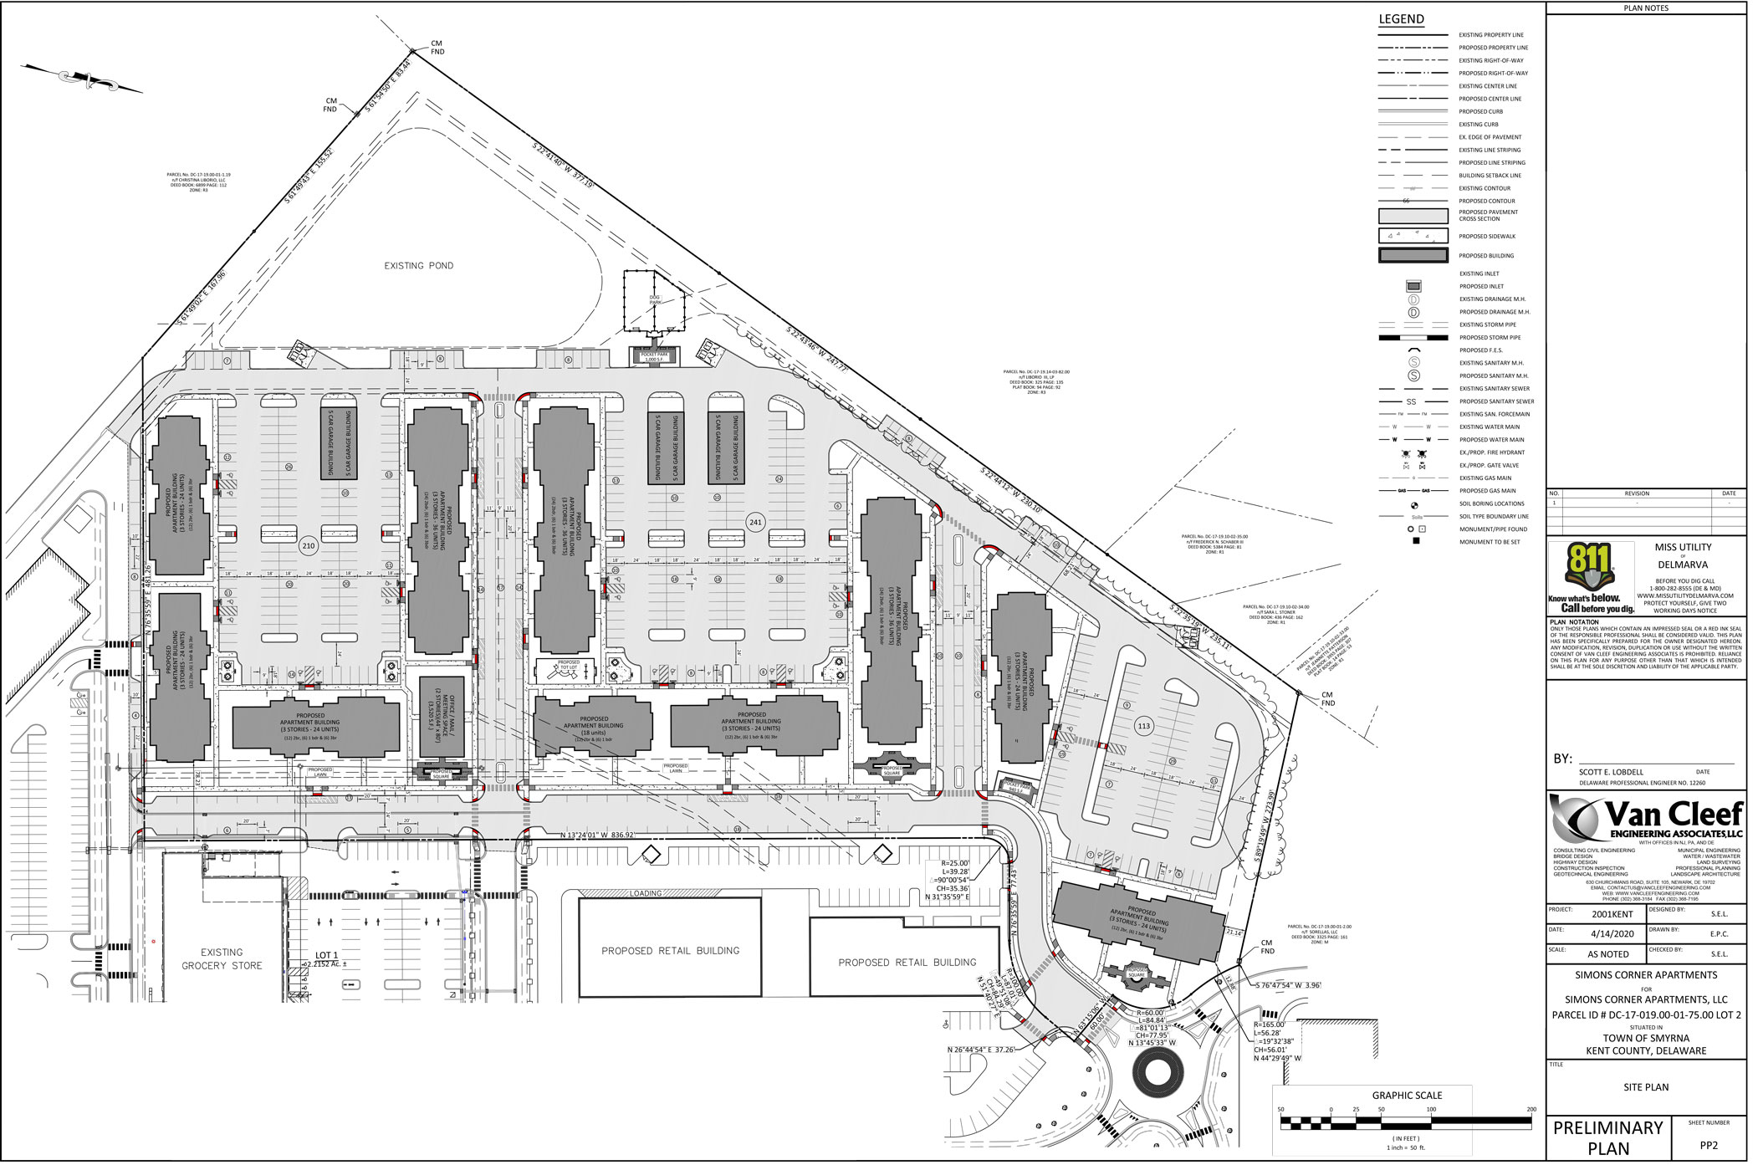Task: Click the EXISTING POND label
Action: [x=418, y=266]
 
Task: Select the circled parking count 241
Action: [x=756, y=522]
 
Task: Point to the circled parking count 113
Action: [x=1144, y=726]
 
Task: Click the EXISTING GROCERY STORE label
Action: [x=222, y=958]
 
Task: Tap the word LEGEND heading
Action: [x=1402, y=19]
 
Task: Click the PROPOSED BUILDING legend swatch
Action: [x=1413, y=256]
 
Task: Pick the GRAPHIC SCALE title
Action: [x=1407, y=1096]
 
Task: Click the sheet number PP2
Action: [x=1708, y=1146]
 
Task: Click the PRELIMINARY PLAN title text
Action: [x=1607, y=1137]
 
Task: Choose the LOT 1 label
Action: [x=326, y=955]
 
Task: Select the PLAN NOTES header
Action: [x=1645, y=8]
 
